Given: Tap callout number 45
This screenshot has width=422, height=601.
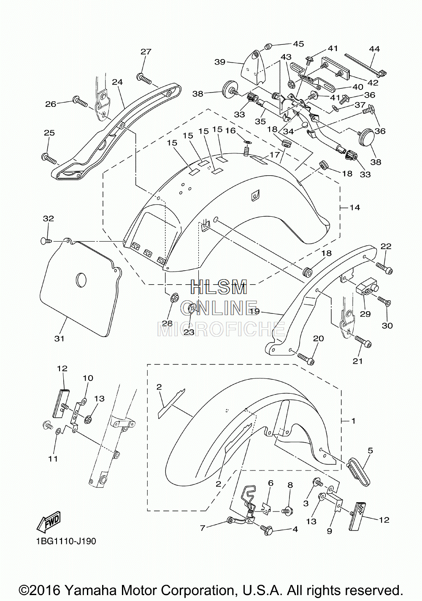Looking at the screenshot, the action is click(298, 44).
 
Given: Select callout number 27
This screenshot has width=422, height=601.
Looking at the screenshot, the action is click(146, 52).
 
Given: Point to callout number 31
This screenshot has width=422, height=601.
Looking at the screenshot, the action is click(59, 339).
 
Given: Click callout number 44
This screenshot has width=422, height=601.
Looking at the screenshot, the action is click(374, 49).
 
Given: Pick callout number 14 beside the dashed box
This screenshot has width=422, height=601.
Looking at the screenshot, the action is click(354, 207).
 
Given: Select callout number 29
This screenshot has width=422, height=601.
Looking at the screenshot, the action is click(365, 314).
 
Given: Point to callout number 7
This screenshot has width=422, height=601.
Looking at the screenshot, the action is click(203, 528).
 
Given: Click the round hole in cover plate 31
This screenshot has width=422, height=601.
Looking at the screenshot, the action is click(81, 280).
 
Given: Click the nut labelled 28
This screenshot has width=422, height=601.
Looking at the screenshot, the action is click(173, 298).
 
